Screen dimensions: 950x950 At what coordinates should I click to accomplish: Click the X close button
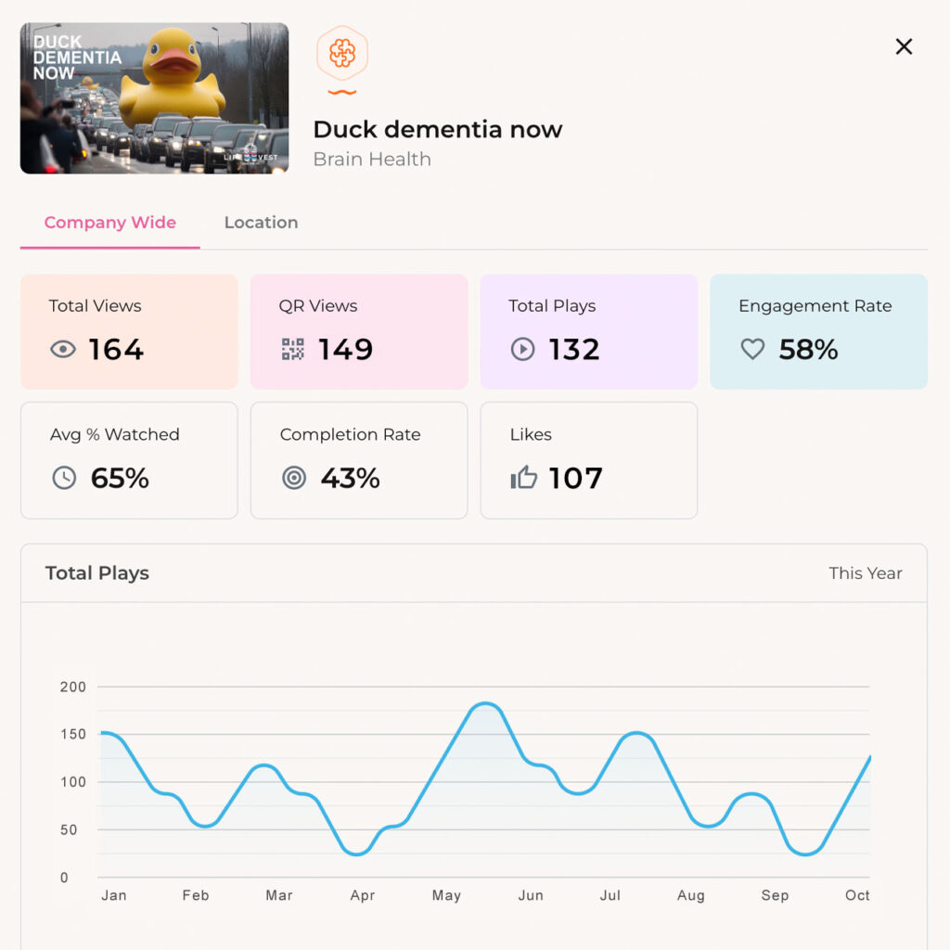click(x=904, y=46)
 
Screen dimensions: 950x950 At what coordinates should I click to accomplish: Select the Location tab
click(x=261, y=223)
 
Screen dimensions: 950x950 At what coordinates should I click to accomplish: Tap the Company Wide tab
click(x=109, y=223)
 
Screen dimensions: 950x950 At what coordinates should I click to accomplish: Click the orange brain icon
click(x=342, y=54)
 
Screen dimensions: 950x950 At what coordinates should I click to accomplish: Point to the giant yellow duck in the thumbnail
click(x=173, y=79)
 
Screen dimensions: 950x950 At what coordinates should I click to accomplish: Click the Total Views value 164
click(x=116, y=350)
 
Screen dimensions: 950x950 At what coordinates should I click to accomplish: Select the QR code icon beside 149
click(x=293, y=350)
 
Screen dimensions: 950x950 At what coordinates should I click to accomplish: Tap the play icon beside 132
click(x=523, y=350)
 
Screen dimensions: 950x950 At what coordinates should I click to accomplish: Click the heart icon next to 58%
click(x=752, y=350)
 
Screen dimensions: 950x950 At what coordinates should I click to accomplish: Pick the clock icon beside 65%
click(x=64, y=479)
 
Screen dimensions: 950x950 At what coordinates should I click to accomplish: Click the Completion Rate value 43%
click(x=350, y=479)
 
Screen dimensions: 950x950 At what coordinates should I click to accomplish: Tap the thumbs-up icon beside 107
click(x=524, y=479)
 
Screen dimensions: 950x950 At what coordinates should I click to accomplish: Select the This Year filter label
click(x=865, y=573)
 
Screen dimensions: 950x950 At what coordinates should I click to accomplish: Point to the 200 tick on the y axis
click(x=73, y=687)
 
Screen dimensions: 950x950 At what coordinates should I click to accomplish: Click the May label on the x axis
click(x=446, y=895)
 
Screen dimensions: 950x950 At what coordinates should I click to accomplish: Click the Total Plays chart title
click(x=97, y=573)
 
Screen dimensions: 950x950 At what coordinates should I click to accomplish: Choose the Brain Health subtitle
click(x=372, y=160)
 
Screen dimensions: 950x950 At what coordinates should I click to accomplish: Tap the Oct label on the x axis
click(x=857, y=895)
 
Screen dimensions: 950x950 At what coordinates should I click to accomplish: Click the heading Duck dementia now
click(x=437, y=129)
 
